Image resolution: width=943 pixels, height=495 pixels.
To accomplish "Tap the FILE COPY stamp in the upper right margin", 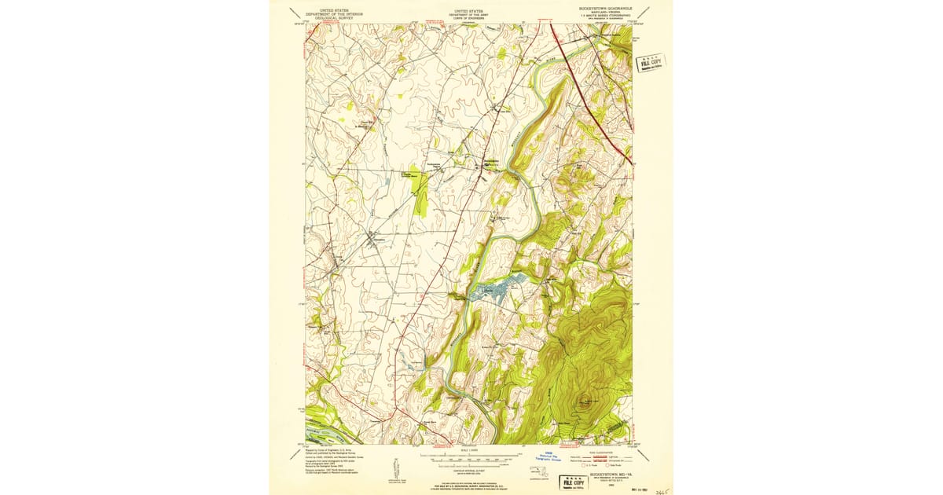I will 650,63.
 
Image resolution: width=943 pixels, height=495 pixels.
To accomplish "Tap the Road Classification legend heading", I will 603,452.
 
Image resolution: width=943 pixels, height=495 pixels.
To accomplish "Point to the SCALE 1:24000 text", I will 470,450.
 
